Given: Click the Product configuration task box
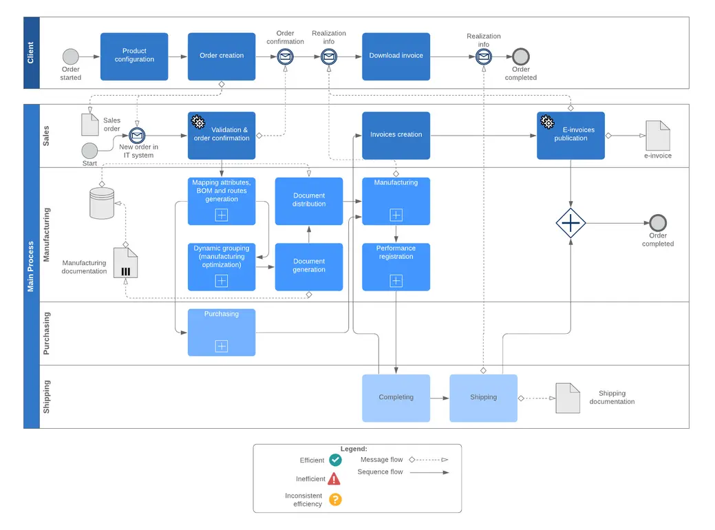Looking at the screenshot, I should [x=134, y=56].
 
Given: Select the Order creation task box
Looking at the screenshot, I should [x=222, y=56].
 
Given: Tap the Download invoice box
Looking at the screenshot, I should [x=396, y=56].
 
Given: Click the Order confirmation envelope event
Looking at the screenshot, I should [x=285, y=57].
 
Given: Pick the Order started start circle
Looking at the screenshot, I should [x=70, y=56].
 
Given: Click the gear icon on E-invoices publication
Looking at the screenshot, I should [x=547, y=122].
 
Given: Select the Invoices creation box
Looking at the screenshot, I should [x=396, y=135].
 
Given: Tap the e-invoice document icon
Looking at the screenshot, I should [x=658, y=136].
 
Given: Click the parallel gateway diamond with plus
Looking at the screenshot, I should [x=570, y=223].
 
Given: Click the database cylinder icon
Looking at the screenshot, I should [x=102, y=203].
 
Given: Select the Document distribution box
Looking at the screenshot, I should [x=309, y=201].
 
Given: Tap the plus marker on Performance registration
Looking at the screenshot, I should [x=396, y=281].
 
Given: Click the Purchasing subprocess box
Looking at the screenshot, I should [x=222, y=332].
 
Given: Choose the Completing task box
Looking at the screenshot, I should [x=396, y=398].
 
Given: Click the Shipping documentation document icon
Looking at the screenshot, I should [x=568, y=398].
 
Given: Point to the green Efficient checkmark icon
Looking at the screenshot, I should [x=335, y=460].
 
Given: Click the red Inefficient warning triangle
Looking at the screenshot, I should [x=334, y=478].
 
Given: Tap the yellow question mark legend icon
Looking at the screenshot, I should [x=335, y=500].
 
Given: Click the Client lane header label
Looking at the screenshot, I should [x=31, y=53].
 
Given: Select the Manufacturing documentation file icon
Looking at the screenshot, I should [x=126, y=263].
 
